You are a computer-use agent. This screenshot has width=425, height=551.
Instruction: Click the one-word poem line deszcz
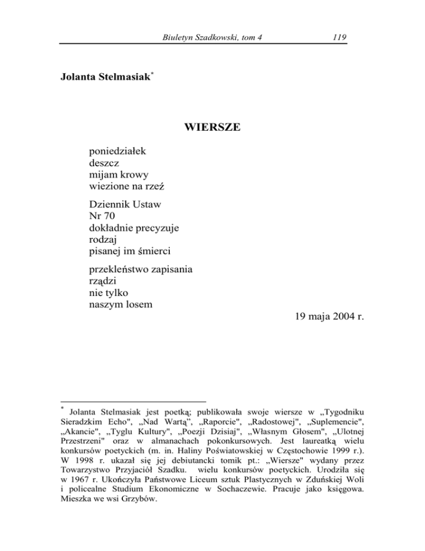click(x=104, y=163)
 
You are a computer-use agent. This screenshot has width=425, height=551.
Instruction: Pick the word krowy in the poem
click(x=134, y=176)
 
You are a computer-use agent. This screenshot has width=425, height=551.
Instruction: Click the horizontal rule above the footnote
click(x=133, y=401)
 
